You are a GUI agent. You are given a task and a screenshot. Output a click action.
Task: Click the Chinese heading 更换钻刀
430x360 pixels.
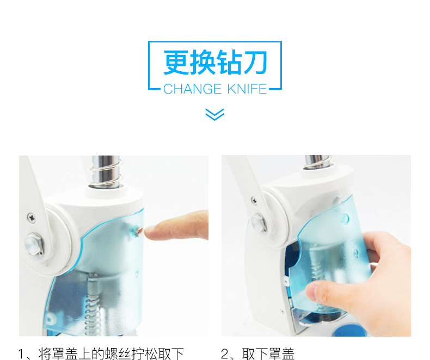pos(216,62)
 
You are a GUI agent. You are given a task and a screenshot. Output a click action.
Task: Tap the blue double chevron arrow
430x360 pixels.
pos(214,114)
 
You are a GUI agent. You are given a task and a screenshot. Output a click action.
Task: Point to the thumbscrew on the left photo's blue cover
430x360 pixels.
pos(137,231)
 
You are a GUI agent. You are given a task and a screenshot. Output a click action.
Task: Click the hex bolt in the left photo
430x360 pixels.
pos(34,244)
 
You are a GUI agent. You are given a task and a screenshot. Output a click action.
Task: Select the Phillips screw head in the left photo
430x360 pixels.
pos(32,218)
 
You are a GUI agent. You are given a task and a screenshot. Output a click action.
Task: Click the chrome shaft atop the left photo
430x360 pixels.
pos(106,172)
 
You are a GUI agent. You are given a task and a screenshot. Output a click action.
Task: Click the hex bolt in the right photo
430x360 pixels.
pos(259,223)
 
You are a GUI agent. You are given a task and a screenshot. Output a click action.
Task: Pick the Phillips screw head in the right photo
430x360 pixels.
pos(254,201)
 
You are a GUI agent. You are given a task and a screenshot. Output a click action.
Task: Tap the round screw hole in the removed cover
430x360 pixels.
pos(345,219)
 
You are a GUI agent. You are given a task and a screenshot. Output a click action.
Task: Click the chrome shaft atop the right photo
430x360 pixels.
pos(317,162)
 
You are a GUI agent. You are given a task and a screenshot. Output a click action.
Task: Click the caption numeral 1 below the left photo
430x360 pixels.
pos(21,354)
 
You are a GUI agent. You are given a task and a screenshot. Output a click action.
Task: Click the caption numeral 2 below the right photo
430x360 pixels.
pos(225,354)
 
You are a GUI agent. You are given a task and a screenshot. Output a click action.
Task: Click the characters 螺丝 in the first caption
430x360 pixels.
pos(118,353)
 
